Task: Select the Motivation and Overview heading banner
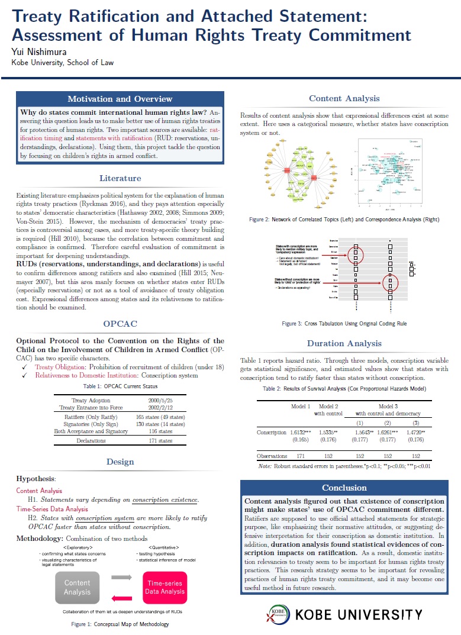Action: tap(120, 99)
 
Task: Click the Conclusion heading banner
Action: tap(344, 488)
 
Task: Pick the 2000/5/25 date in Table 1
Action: tap(160, 401)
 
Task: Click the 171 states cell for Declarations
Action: tap(160, 440)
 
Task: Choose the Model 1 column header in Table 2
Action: tap(301, 406)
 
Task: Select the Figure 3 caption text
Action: tap(344, 324)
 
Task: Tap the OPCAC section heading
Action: tap(120, 324)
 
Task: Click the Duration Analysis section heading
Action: tap(344, 343)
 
